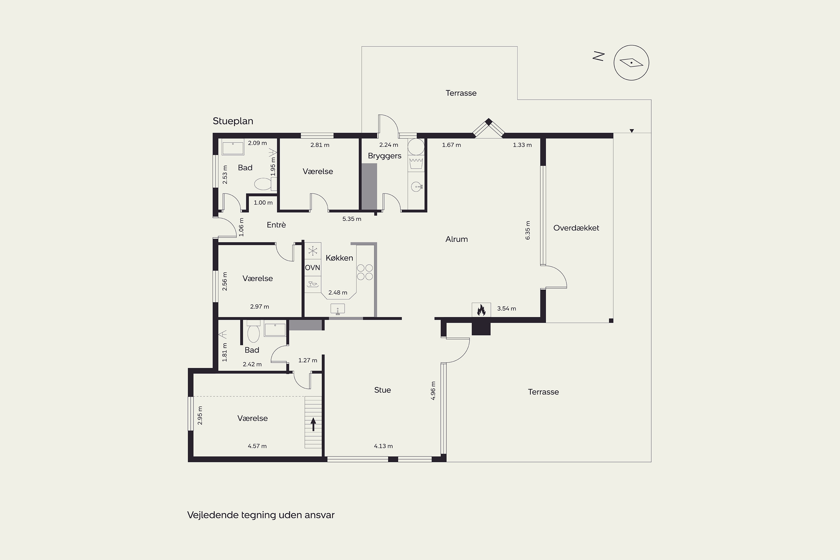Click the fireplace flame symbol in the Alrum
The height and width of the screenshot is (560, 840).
point(481,310)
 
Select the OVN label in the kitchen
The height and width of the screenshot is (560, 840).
point(312,267)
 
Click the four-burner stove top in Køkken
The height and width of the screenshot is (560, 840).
point(365,272)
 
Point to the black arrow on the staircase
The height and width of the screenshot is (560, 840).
point(313,425)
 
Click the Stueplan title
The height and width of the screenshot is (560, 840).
point(233,121)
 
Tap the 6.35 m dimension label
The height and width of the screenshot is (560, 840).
point(528,230)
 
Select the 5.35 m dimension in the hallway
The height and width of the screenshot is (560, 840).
point(352,219)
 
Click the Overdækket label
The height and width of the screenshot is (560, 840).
point(576,228)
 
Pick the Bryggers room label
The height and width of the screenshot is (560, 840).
point(385,156)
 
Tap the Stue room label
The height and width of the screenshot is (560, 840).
point(382,390)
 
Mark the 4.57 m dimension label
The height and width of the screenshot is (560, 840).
point(257,446)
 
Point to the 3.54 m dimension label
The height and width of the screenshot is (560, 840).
point(507,309)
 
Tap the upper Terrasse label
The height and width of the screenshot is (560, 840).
point(461,93)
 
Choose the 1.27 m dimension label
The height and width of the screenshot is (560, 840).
point(307,360)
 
